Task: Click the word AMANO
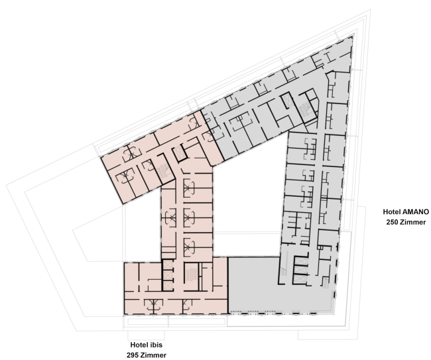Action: coord(415,212)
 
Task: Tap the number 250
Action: coord(392,222)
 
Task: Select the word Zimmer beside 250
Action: coord(413,222)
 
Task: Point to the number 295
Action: coord(132,355)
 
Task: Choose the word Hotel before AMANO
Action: coord(392,212)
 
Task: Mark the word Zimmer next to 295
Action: coord(153,355)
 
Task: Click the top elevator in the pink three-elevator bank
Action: coord(167,265)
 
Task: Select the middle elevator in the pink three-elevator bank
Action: coord(167,275)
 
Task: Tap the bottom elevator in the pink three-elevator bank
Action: coord(167,285)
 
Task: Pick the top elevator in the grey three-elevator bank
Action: coord(300,261)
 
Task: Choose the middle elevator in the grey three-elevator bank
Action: coord(300,270)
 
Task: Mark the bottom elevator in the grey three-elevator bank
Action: coord(300,279)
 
